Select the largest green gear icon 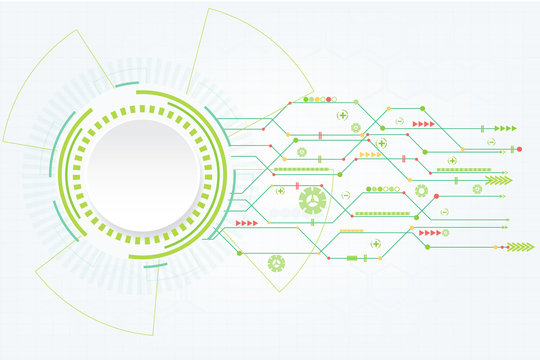[313, 200]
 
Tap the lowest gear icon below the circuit [276, 263]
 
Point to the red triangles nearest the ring [246, 223]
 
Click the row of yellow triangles [370, 155]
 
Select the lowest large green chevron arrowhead [520, 246]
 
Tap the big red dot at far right [518, 149]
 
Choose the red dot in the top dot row [305, 100]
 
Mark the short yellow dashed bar [350, 231]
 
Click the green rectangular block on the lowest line [352, 258]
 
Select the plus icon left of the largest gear [281, 190]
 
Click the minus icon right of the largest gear [345, 195]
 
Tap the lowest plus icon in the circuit [376, 243]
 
